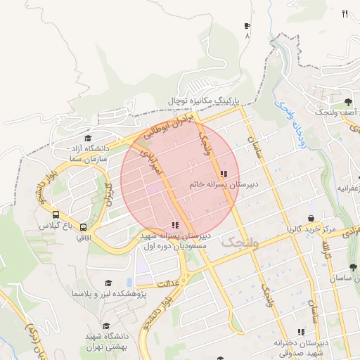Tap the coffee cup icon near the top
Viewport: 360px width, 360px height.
coord(247,27)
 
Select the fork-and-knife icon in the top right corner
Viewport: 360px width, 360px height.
coord(345,13)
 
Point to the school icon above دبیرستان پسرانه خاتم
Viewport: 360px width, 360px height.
coord(224,174)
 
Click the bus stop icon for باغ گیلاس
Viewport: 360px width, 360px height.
coord(56,215)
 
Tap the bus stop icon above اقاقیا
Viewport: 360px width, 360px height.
coord(84,227)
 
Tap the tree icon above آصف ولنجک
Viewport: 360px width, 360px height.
coord(349,103)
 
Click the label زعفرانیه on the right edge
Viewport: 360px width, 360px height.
coord(347,188)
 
